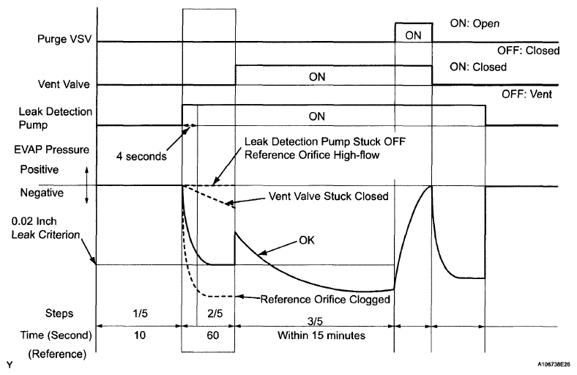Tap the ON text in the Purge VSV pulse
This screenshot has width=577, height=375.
(x=413, y=34)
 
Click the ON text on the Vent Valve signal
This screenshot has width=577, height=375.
(x=317, y=75)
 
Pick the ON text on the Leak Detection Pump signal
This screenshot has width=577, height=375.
(x=317, y=116)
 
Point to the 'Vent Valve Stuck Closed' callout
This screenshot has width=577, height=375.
(x=317, y=196)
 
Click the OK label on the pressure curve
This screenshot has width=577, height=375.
(x=309, y=239)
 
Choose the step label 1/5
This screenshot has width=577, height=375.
(x=139, y=313)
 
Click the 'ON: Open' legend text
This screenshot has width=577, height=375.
(x=474, y=23)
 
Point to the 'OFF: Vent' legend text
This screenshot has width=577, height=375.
(x=526, y=94)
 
